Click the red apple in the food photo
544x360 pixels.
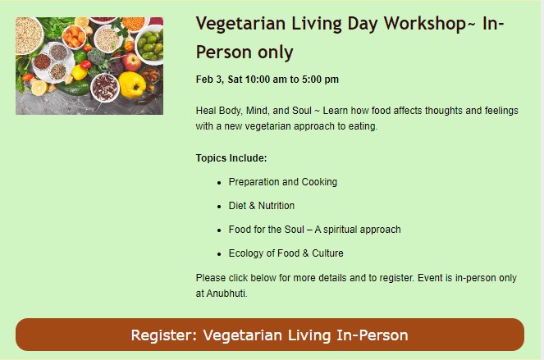pyautogui.click(x=131, y=62)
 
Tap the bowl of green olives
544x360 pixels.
pyautogui.click(x=150, y=46)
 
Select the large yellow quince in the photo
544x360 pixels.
pyautogui.click(x=132, y=84)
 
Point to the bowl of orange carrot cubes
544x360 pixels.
pyautogui.click(x=74, y=36)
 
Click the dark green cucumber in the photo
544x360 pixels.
pyautogui.click(x=73, y=89)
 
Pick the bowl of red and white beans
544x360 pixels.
pyautogui.click(x=105, y=88)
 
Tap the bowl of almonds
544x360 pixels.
pyautogui.click(x=150, y=75)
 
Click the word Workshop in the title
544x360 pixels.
pyautogui.click(x=425, y=25)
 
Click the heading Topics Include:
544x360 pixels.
pyautogui.click(x=231, y=158)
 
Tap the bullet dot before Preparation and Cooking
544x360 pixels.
pyautogui.click(x=219, y=183)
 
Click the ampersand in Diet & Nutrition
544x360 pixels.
pyautogui.click(x=252, y=206)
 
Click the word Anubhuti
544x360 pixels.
pyautogui.click(x=227, y=294)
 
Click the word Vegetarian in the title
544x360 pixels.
pyautogui.click(x=240, y=25)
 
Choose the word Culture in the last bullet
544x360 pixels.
pyautogui.click(x=327, y=253)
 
